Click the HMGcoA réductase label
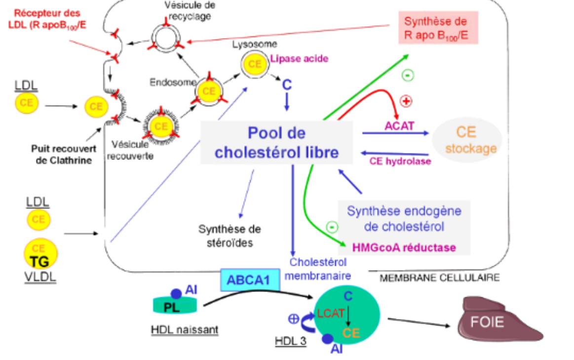[404, 246]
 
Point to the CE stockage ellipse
[466, 140]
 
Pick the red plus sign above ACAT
[406, 101]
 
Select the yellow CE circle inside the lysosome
[255, 64]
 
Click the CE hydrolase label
[400, 161]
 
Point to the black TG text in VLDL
[40, 262]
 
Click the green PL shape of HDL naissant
[175, 306]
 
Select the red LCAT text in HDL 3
[331, 313]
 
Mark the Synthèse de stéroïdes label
[230, 236]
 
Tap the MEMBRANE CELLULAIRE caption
[439, 278]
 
